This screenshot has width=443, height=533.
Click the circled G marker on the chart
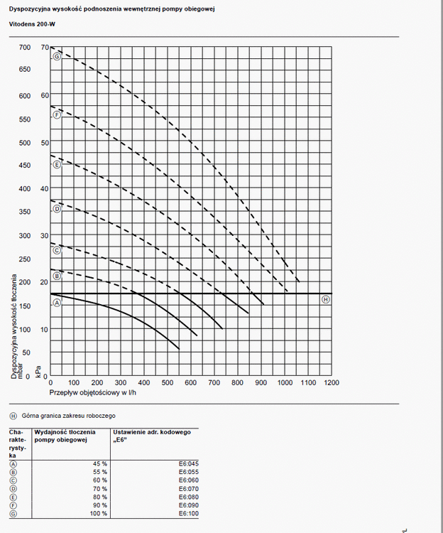coord(57,55)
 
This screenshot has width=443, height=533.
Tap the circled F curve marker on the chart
coord(57,114)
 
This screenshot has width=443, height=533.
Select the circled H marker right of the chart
coord(326,299)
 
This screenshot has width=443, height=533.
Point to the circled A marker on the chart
coord(57,303)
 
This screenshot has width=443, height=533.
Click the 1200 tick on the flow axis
coord(331,382)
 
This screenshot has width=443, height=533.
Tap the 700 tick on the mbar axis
coord(25,48)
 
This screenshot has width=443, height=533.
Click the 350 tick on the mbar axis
coord(25,212)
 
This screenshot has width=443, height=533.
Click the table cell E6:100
coord(187,514)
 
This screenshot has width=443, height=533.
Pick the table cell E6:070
coord(187,489)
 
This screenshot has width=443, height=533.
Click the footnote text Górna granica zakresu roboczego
coord(68,415)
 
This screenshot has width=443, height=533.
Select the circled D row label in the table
coord(13,488)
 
